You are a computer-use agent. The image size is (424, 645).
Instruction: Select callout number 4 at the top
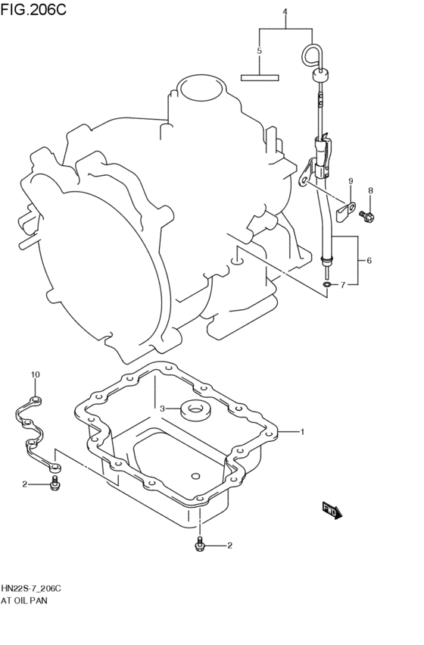click(x=285, y=12)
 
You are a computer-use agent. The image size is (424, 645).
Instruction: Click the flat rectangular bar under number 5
click(x=260, y=77)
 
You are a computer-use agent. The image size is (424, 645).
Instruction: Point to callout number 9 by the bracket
click(x=351, y=180)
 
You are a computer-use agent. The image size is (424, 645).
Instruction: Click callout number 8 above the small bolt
click(x=371, y=190)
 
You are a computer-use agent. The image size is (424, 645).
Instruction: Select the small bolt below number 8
click(x=367, y=216)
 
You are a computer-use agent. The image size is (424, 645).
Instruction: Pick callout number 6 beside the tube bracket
click(x=369, y=261)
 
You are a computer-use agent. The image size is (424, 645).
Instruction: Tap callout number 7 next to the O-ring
click(x=342, y=285)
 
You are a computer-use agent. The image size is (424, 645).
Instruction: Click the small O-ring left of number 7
click(x=326, y=285)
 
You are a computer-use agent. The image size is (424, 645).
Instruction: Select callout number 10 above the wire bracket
click(x=35, y=375)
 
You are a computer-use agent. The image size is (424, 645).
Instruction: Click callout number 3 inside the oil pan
click(x=162, y=409)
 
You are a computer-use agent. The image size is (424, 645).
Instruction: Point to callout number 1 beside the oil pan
click(x=301, y=432)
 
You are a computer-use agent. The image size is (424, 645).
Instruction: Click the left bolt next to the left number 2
click(x=54, y=483)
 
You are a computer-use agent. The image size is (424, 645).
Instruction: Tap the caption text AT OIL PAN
click(x=29, y=600)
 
